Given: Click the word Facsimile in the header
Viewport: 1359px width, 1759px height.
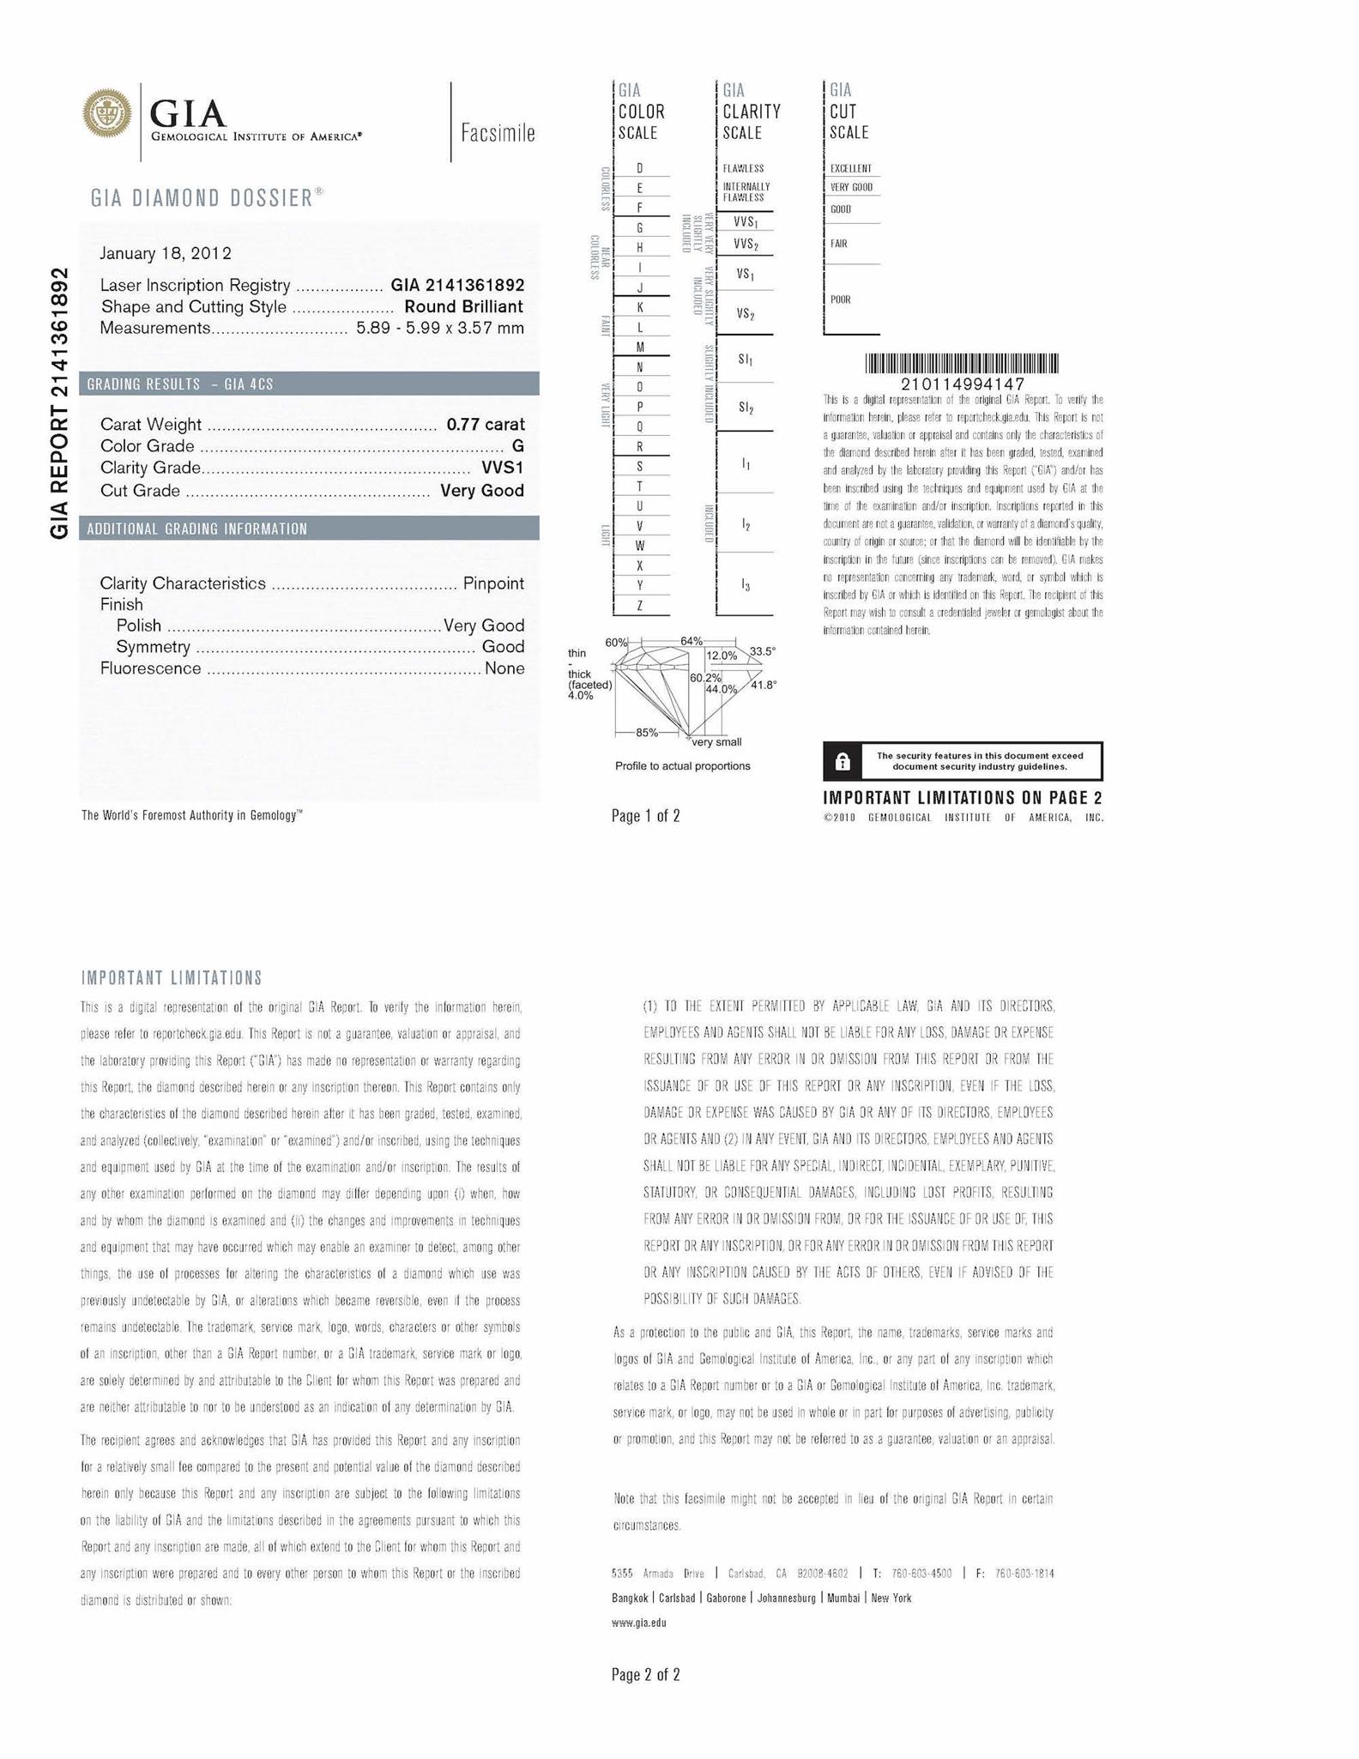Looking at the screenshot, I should pos(498,133).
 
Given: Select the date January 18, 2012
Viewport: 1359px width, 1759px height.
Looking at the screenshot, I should pos(166,253).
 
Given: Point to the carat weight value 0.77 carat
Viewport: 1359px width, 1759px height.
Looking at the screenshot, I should pos(485,424).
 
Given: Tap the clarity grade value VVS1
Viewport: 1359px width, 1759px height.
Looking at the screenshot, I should pos(502,468).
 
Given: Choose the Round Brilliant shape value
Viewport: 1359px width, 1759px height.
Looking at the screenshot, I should pos(463,306).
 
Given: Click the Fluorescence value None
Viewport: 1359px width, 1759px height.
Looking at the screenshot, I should pos(504,668).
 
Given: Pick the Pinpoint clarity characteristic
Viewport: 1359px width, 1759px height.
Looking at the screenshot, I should pos(493,583).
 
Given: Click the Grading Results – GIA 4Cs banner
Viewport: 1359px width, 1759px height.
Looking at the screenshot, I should pos(309,384).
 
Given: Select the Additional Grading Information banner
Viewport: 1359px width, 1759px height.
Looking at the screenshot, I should pos(309,529).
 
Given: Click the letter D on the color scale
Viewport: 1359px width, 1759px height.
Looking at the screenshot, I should pos(640,168).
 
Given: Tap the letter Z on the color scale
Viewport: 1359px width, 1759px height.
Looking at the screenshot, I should pos(640,606).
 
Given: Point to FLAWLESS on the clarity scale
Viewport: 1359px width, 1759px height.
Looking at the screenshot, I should pos(743,168).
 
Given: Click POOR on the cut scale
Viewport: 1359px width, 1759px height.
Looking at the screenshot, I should pos(840,299).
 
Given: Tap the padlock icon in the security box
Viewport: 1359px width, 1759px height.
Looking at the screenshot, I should pos(843,761).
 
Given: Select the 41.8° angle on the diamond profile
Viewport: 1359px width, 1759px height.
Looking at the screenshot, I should pos(763,685).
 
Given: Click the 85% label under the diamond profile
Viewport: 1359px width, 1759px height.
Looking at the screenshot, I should pos(646,732).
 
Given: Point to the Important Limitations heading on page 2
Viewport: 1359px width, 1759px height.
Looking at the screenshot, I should pos(172,978).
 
